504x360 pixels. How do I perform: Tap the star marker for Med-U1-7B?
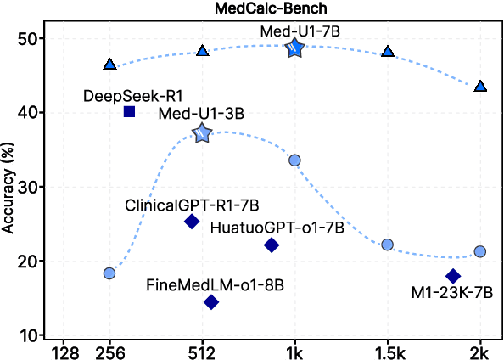[x=294, y=48]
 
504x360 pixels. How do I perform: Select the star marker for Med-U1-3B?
[x=202, y=133]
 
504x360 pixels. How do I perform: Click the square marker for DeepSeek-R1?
[x=129, y=111]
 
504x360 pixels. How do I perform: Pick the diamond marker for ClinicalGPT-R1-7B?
[x=192, y=222]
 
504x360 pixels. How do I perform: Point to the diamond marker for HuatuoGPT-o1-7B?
[x=272, y=245]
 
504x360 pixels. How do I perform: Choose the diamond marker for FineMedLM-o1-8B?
[x=211, y=302]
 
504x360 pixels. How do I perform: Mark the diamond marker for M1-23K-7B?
[x=453, y=276]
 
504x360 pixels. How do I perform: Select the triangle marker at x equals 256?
[x=109, y=65]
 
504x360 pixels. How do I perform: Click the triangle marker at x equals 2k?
[x=480, y=86]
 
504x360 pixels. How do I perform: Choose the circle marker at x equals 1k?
[x=294, y=160]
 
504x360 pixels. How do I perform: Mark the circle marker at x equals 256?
[x=109, y=273]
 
